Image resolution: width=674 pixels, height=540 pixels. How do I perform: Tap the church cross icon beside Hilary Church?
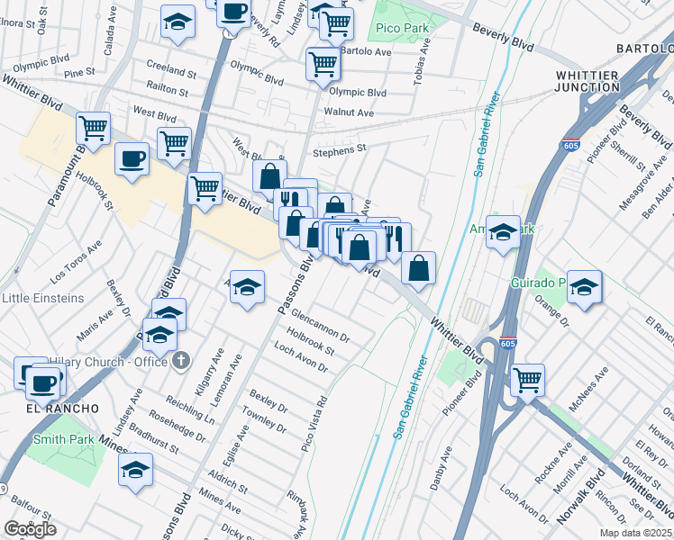182,361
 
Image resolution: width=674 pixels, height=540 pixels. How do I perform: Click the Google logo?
30,529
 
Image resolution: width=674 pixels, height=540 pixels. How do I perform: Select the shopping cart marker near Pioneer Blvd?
527,379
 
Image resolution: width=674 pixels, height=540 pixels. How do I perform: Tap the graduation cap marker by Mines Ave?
135,469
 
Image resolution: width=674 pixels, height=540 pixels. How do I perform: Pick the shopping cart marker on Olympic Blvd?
323,63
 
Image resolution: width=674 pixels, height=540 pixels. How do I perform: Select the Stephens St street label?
341,149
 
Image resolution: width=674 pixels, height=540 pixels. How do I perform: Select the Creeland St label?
171,71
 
